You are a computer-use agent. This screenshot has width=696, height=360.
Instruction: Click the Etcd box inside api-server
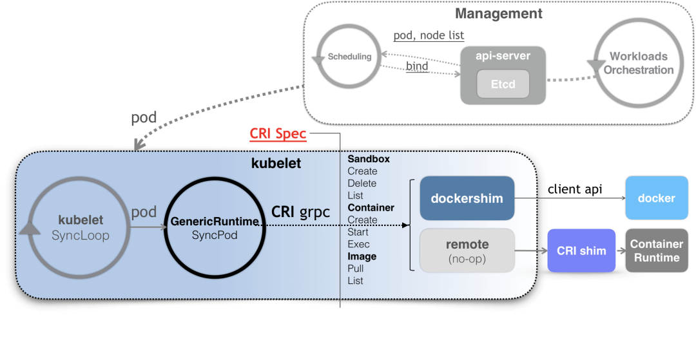tap(503, 84)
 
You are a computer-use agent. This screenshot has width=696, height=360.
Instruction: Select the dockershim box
tap(467, 198)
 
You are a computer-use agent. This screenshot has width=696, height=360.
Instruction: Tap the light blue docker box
tap(657, 198)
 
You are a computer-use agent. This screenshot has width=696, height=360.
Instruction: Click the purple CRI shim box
tap(581, 251)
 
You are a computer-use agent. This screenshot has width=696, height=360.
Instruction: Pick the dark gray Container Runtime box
tap(657, 251)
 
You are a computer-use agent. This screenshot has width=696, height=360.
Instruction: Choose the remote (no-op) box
tap(467, 251)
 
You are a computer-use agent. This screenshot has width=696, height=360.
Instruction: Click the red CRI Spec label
tap(278, 133)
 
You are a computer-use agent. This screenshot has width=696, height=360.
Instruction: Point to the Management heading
tap(498, 14)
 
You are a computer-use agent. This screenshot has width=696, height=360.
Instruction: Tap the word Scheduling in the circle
tap(349, 57)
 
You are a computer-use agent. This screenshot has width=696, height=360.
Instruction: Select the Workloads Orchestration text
tap(639, 63)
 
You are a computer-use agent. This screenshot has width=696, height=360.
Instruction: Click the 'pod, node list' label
tap(429, 35)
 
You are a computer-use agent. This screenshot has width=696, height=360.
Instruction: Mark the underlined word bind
tap(417, 66)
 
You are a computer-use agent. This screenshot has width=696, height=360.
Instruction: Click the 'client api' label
tap(575, 189)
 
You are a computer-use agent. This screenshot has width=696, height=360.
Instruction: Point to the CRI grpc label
tap(300, 212)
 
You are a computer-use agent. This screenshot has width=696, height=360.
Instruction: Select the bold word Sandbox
tap(369, 158)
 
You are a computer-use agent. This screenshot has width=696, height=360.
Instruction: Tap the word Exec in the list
tap(359, 244)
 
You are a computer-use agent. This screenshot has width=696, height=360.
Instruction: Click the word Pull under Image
tap(356, 269)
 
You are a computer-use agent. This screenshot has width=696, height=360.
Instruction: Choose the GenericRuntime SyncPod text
tap(215, 228)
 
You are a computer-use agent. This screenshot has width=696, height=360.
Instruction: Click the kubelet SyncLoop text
tap(81, 227)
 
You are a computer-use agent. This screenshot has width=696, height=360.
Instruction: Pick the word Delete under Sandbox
tap(362, 183)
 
